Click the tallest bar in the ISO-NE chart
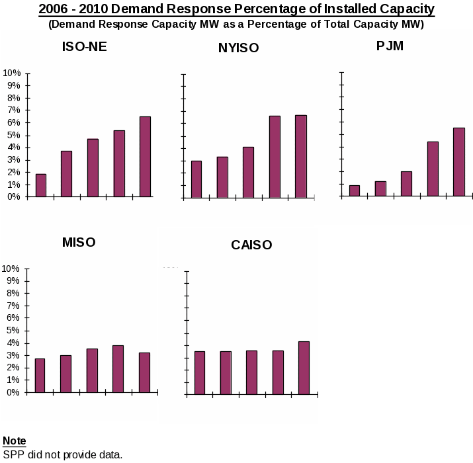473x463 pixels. click(x=145, y=157)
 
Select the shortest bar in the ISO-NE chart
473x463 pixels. click(x=41, y=185)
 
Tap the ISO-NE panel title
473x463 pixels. click(x=84, y=47)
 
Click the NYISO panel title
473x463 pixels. click(x=238, y=48)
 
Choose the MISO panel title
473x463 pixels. click(x=79, y=242)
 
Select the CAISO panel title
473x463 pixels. click(x=251, y=245)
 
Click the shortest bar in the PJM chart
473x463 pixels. click(x=355, y=190)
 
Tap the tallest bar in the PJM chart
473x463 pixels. click(x=458, y=162)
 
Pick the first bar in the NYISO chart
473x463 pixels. click(x=196, y=179)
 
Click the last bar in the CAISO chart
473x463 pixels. click(x=304, y=368)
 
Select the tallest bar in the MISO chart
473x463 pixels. click(x=118, y=368)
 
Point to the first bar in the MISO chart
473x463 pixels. click(x=40, y=375)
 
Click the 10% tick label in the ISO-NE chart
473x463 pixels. click(x=12, y=73)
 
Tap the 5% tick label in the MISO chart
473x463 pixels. click(x=13, y=331)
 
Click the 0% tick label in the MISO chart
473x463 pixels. click(x=13, y=392)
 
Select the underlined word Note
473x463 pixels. click(x=15, y=441)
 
